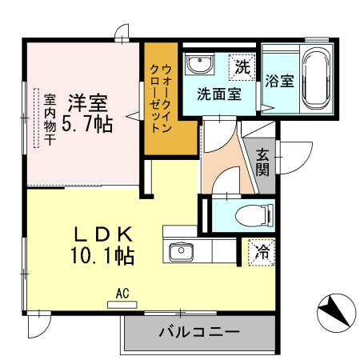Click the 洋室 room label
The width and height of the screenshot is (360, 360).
pos(87,102)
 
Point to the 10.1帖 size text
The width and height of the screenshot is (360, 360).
pos(102,256)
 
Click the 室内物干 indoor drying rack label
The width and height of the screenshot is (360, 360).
pos(50,118)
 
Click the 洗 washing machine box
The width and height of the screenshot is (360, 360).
pos(241,67)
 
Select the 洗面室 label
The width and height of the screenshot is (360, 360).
pos(218,92)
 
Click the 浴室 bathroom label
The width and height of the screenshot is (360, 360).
pos(278,82)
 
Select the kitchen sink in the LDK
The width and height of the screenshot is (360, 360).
pos(181,252)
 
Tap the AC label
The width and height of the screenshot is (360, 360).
pos(122,294)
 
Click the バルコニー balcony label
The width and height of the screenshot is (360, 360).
pos(198,331)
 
